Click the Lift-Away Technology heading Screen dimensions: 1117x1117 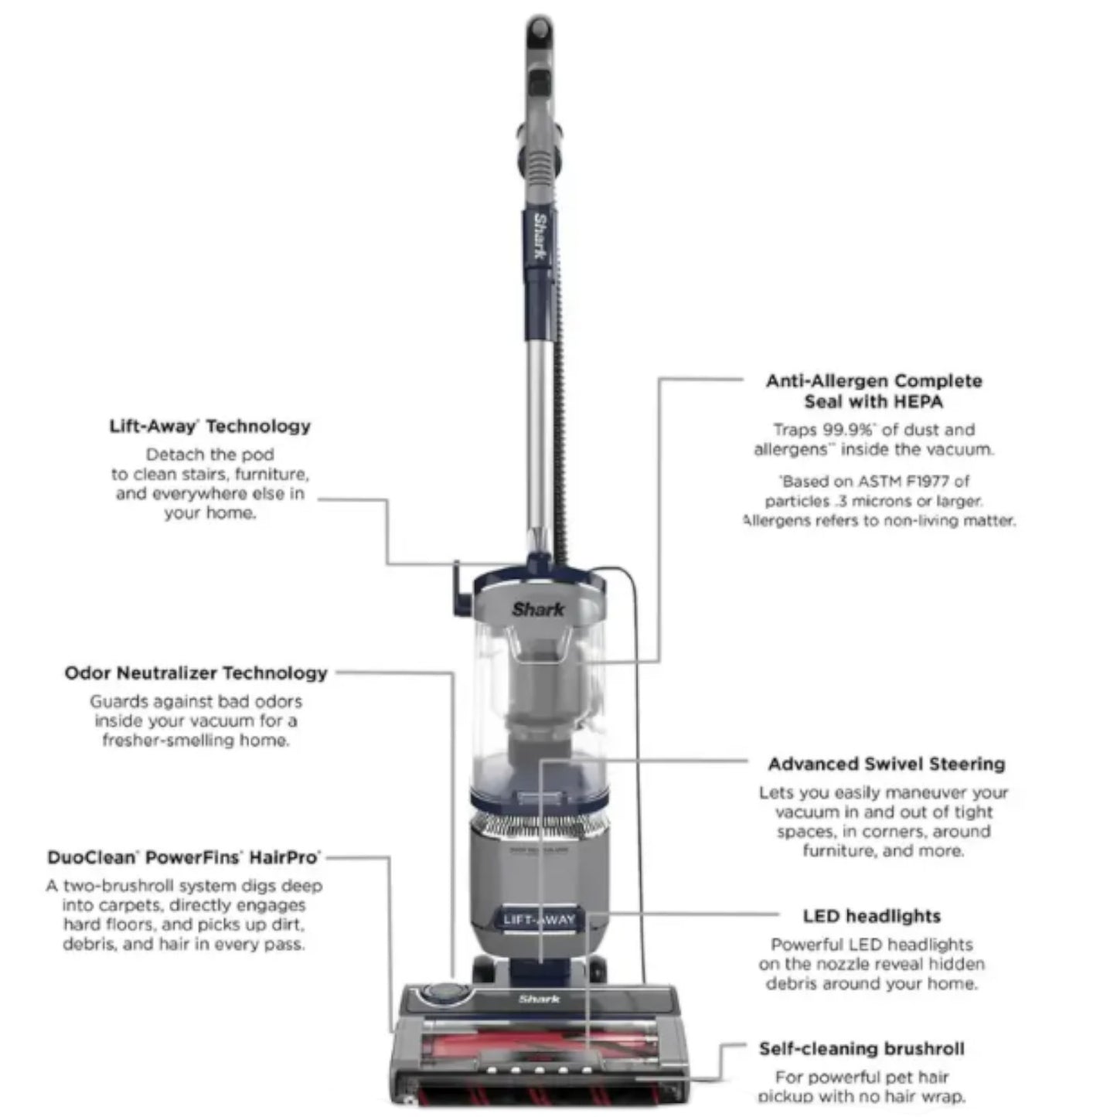tap(209, 426)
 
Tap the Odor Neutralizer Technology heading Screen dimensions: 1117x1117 tap(196, 673)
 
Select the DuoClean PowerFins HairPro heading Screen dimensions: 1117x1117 tap(184, 857)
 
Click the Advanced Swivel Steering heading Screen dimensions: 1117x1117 tap(887, 764)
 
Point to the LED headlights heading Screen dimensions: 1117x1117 tap(871, 916)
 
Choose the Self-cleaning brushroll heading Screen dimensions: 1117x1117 tap(861, 1049)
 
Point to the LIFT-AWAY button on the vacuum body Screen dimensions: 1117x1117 tap(539, 919)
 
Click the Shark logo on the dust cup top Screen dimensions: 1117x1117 tap(538, 609)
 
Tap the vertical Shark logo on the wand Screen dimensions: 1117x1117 tap(541, 238)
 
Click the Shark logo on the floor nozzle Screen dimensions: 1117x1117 tap(539, 1000)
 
